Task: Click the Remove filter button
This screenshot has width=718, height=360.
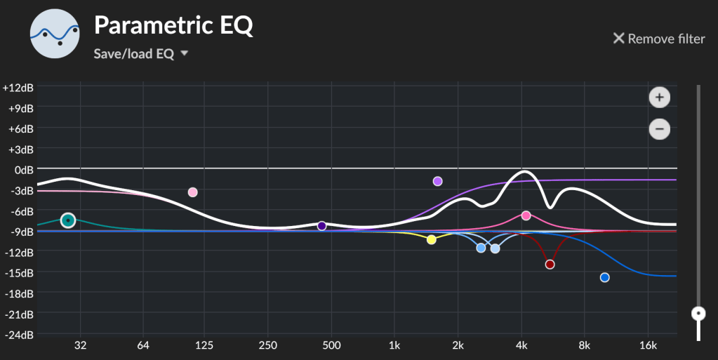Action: click(658, 39)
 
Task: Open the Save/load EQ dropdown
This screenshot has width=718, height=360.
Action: click(141, 54)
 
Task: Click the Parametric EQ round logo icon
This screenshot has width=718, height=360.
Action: click(55, 32)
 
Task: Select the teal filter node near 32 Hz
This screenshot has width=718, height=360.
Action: click(67, 220)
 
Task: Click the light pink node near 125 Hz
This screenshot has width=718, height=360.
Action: click(193, 192)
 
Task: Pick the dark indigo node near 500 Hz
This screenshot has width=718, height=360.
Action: click(321, 226)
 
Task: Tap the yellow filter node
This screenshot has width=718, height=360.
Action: click(431, 239)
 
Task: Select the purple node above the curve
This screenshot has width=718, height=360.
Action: click(437, 181)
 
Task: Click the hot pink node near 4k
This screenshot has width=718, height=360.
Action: click(526, 215)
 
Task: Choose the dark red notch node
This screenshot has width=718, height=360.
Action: click(550, 265)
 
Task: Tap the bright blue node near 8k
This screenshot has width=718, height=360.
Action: click(604, 278)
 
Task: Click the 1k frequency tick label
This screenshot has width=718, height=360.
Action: click(394, 345)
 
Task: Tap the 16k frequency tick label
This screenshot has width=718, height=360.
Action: click(648, 345)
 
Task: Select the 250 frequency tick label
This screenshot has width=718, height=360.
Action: click(267, 345)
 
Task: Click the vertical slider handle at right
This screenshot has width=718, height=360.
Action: click(698, 313)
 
